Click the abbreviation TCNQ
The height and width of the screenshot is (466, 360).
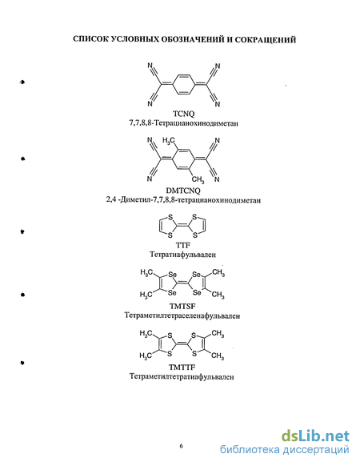tap(183, 114)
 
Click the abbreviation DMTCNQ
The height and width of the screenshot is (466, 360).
tap(183, 191)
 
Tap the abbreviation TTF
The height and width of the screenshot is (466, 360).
tap(183, 245)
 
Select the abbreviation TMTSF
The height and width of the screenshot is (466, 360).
tap(183, 306)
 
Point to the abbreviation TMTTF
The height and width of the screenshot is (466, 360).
tap(182, 367)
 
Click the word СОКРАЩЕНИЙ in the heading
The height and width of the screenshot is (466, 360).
tap(266, 39)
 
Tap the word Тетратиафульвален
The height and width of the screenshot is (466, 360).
tap(182, 255)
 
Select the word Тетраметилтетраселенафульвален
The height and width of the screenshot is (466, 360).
tap(182, 315)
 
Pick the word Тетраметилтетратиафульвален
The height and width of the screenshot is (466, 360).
tap(182, 376)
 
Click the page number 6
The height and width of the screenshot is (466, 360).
tap(181, 446)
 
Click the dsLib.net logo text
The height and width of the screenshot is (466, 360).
tap(315, 436)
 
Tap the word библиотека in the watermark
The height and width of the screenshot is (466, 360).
tap(250, 450)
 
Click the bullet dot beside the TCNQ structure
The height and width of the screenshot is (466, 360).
tap(22, 82)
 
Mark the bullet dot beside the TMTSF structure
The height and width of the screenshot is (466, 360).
tap(22, 295)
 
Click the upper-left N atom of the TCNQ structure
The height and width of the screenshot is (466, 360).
tap(150, 66)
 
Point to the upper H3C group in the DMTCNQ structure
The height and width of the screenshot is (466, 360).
tap(169, 141)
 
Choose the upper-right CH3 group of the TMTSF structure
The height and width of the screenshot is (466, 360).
tap(218, 273)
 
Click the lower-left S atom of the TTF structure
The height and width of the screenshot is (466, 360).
tap(170, 235)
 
